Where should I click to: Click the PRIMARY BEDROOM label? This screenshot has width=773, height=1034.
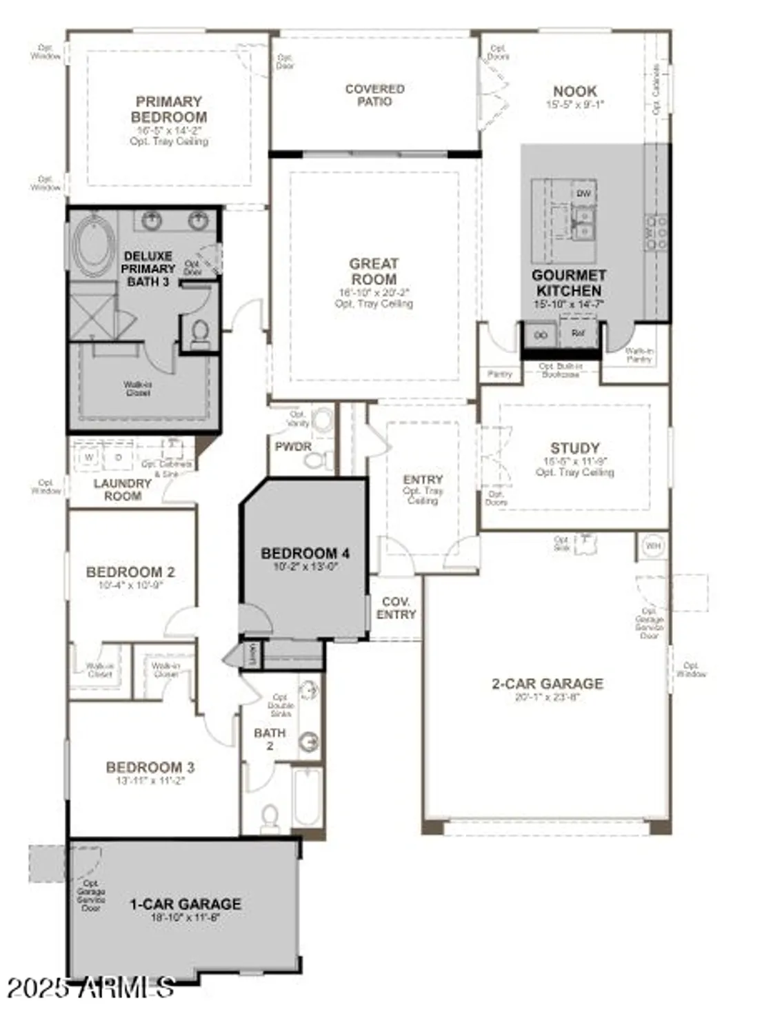coord(169,110)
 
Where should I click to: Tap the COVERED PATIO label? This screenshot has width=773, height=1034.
coord(374,95)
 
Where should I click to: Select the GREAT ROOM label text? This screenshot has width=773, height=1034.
coord(374,272)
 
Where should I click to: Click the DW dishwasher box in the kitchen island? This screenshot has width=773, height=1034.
coord(583,194)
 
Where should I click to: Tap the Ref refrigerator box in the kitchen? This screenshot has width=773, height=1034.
coord(577,334)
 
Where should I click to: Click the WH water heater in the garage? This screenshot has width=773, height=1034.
coord(652,546)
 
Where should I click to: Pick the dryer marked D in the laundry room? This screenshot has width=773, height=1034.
coord(118,456)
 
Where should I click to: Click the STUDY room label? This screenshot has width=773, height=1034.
coord(574,448)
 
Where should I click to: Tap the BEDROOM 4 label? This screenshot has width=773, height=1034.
coord(305,553)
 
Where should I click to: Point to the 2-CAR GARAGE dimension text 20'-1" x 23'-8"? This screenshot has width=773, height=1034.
coord(548,697)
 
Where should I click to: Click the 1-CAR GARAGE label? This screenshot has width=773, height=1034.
coord(185,904)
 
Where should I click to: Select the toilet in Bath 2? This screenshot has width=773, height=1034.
coord(270,818)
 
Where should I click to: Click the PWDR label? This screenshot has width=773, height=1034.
coord(293,447)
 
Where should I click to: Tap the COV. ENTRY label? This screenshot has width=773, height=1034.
coord(396,608)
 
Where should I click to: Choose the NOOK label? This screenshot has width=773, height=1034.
coord(575,91)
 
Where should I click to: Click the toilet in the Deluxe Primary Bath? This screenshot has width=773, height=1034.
coord(200,333)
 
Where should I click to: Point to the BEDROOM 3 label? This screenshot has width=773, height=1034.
coord(150,767)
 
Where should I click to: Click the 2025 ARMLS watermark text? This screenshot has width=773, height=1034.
coord(90,989)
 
